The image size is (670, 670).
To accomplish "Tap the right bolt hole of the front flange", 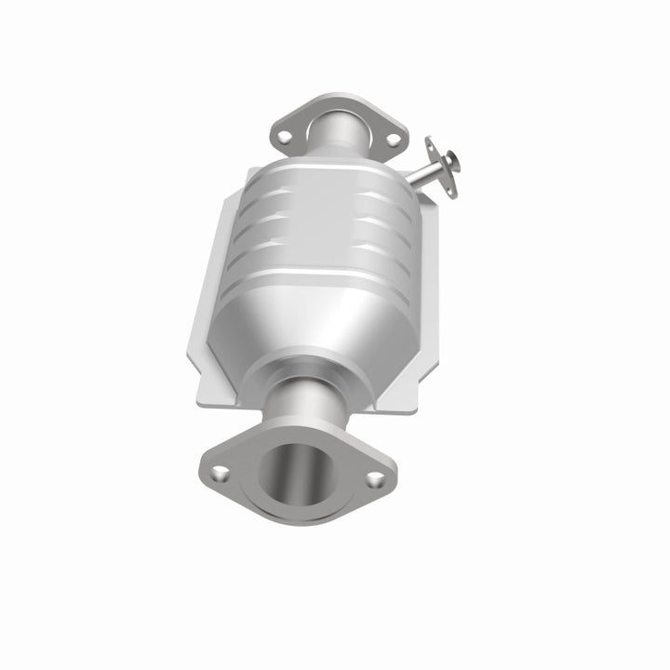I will [x=375, y=480].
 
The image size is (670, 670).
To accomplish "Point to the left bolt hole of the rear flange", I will [x=285, y=137].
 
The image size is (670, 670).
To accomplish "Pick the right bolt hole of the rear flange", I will [x=393, y=140].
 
